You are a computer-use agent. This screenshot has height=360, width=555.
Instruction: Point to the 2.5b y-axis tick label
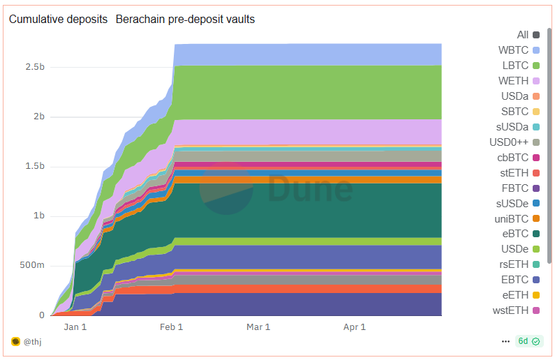(32, 68)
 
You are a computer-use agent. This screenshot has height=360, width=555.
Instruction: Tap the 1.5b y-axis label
(32, 167)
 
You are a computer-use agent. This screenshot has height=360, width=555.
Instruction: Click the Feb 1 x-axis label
(171, 327)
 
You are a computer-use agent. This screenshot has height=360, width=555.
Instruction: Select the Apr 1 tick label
(355, 327)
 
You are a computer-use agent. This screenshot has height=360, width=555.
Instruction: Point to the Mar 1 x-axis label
(258, 327)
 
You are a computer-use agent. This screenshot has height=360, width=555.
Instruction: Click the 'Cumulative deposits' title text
(58, 20)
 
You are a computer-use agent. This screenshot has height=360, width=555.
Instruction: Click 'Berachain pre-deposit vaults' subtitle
(185, 20)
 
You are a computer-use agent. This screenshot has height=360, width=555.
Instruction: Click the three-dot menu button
(505, 342)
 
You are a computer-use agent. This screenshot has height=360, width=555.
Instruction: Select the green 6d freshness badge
(528, 342)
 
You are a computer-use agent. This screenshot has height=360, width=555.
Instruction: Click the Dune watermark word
(310, 189)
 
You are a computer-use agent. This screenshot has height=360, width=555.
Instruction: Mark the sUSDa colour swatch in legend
(536, 127)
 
